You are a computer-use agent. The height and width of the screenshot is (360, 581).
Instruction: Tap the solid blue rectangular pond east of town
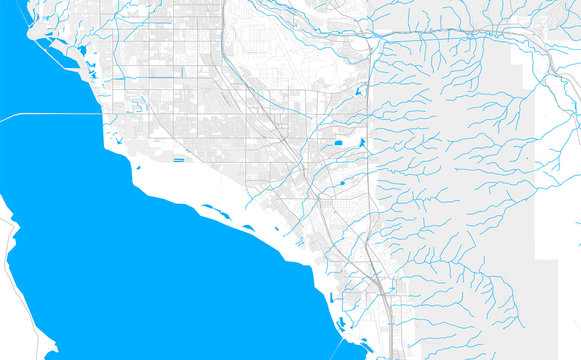coord(339,144)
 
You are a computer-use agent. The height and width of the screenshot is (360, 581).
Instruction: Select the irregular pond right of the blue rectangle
coord(360,143)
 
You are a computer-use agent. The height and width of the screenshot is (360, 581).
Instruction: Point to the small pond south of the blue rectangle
coord(345,182)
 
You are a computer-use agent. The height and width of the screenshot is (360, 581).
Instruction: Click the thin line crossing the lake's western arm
coord(50,115)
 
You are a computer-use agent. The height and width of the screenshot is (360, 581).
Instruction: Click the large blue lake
coord(150,270)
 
